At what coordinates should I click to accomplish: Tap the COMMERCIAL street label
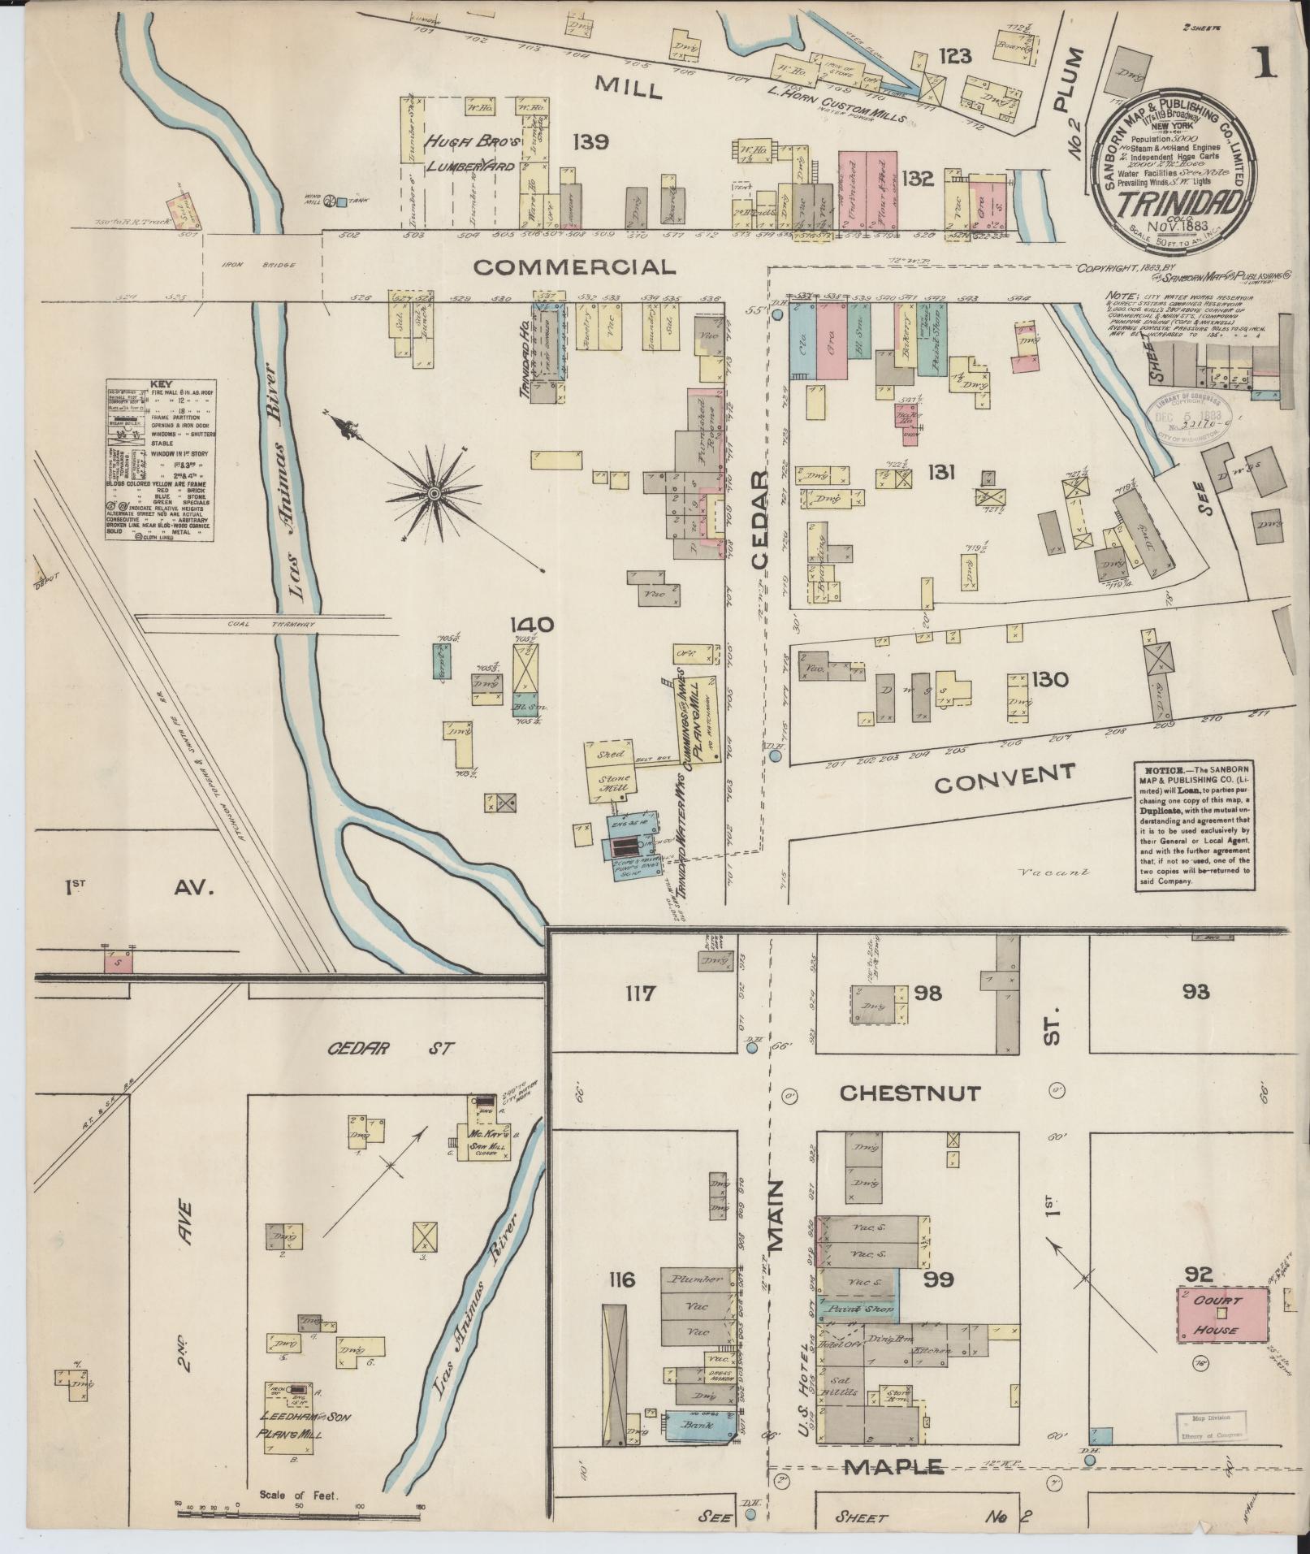[574, 266]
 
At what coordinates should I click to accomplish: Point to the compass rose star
[434, 492]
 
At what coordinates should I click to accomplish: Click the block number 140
[533, 625]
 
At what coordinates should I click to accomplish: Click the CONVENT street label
[1005, 778]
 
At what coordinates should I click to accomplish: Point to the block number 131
[940, 472]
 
